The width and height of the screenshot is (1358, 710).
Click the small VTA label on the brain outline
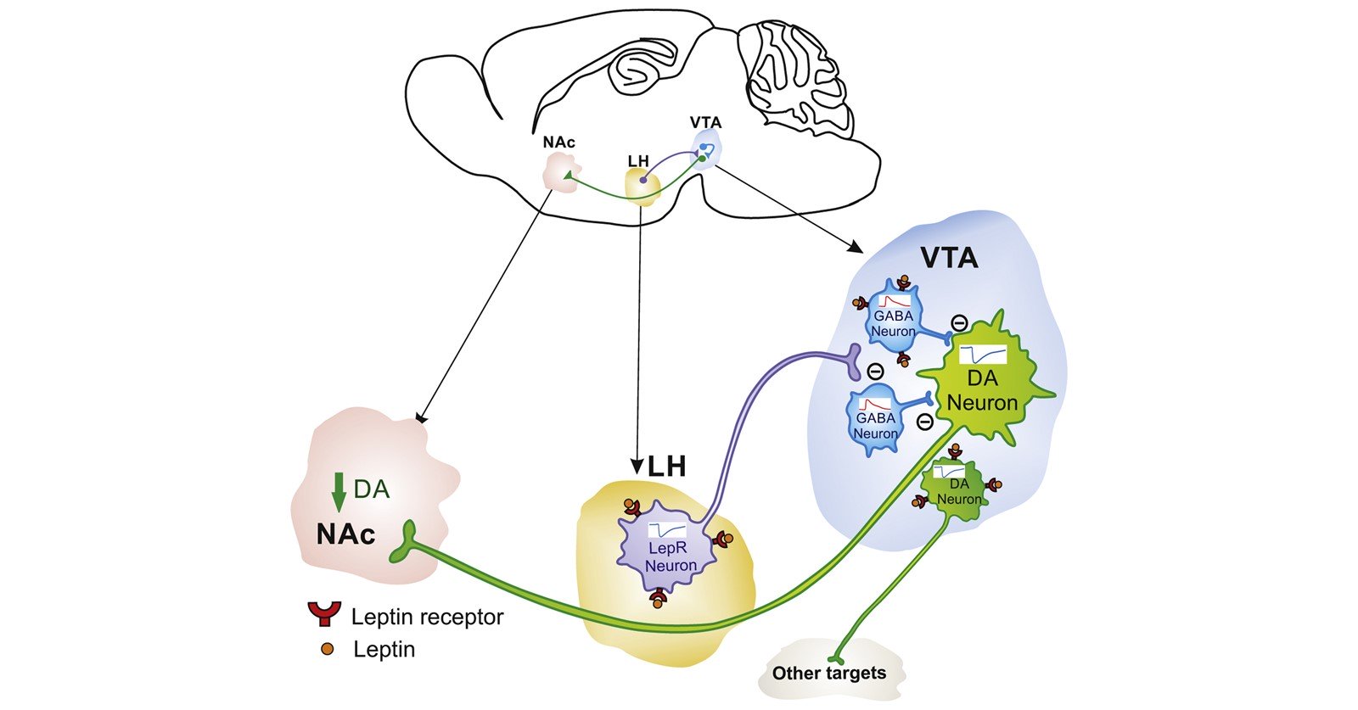coord(706,122)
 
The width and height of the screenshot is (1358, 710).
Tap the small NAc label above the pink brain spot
coord(558,142)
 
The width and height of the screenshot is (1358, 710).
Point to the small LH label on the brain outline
coord(638,160)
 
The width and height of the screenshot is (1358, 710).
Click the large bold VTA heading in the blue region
coord(950,257)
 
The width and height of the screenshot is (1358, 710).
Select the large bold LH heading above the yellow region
coord(666,466)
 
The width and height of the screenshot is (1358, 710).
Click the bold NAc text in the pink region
coord(345,534)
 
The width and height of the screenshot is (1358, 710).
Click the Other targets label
coord(828,674)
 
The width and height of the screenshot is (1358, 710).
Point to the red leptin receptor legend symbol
coord(323,613)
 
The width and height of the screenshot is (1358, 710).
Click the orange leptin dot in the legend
coord(327,650)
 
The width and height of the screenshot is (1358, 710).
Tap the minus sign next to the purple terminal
coord(875,372)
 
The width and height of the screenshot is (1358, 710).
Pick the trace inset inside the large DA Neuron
coord(982,354)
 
